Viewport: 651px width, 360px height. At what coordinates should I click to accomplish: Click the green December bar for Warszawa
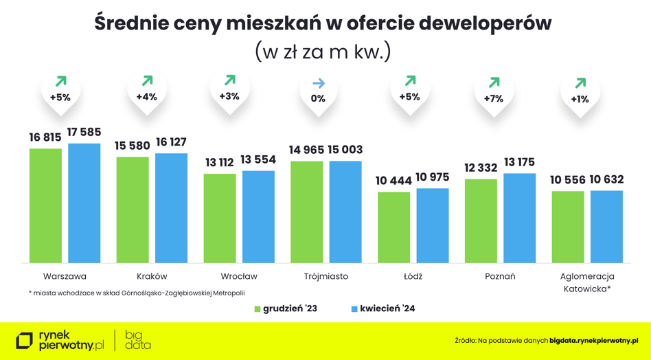click(45, 205)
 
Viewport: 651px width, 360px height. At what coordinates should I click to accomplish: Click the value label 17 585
click(84, 131)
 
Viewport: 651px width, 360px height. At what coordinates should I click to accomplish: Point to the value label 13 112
click(220, 163)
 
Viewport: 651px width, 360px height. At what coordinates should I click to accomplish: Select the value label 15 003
click(345, 150)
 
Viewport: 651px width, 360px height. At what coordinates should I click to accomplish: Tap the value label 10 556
click(567, 180)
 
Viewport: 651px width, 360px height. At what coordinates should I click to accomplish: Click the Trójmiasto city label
click(326, 276)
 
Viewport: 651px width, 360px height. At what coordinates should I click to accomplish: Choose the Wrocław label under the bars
click(239, 276)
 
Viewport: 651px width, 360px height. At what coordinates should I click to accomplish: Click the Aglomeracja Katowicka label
click(587, 282)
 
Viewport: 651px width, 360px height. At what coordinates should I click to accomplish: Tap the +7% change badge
click(493, 98)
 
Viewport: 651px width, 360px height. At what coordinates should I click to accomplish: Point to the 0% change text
click(318, 98)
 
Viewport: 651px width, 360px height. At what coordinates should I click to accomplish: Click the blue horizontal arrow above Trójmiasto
click(319, 83)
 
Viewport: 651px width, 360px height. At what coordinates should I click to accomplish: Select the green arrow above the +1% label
click(580, 83)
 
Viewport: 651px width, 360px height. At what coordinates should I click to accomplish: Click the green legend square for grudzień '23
click(258, 309)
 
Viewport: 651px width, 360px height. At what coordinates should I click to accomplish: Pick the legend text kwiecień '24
click(387, 308)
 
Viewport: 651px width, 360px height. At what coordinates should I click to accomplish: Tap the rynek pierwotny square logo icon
click(25, 340)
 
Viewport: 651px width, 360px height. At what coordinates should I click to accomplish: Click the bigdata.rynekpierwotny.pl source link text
click(594, 340)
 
